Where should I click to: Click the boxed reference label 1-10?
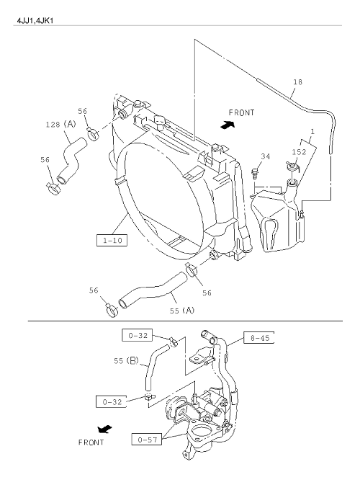tap(112, 240)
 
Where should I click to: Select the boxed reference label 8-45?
tap(259, 337)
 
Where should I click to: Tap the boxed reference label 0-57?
tap(147, 440)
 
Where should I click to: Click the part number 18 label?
tap(298, 82)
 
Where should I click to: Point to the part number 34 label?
tap(266, 156)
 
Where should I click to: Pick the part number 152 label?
tap(299, 152)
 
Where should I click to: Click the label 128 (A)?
tap(61, 125)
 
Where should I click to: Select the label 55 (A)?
tap(182, 311)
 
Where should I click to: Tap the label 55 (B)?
tap(126, 360)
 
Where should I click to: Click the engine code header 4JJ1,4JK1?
tap(35, 21)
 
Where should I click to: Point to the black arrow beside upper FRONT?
tap(228, 125)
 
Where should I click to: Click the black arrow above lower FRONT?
tap(104, 429)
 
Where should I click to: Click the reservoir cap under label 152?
tap(292, 166)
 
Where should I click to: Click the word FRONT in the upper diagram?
tap(241, 112)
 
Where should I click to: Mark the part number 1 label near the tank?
tap(312, 132)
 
